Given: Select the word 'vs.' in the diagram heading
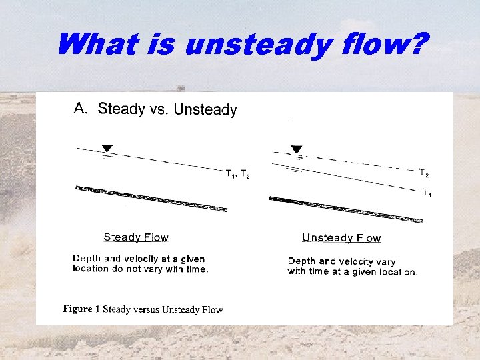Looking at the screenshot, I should tap(159, 109).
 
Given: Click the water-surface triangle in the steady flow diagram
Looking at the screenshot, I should tap(107, 148).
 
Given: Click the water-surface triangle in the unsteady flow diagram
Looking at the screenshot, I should tap(297, 149).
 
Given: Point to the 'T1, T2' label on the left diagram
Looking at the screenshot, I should tap(237, 174).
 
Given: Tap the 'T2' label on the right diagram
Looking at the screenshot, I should tap(424, 173).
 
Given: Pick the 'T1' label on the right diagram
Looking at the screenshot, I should tap(427, 193).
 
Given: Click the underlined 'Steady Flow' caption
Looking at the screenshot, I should tap(136, 237).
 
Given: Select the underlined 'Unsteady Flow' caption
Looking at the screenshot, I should tap(341, 238).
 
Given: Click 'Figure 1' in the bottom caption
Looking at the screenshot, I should tap(81, 309).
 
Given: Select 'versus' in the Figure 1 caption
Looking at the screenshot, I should tap(147, 309).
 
